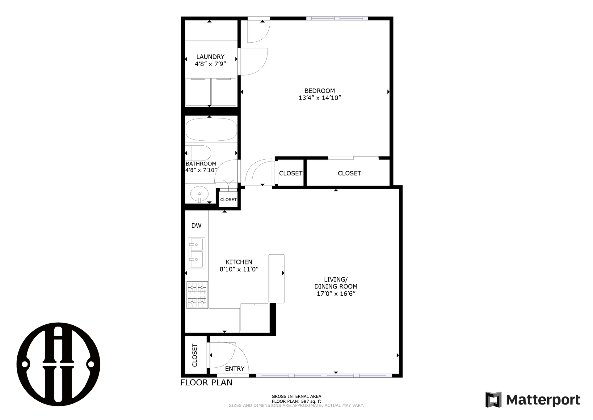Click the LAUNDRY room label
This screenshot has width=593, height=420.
(x=210, y=57)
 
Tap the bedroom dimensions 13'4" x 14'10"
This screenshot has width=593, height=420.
(x=320, y=98)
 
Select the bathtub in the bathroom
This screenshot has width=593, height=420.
(x=211, y=129)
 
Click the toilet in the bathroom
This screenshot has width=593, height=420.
(x=199, y=153)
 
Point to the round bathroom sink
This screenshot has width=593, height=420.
(x=199, y=194)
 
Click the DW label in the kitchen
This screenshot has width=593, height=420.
(x=196, y=226)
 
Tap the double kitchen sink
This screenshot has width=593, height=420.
(x=196, y=253)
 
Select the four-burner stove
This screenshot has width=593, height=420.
(x=197, y=295)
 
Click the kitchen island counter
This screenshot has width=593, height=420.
(x=276, y=279)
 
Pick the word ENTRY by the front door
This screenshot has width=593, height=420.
(x=235, y=369)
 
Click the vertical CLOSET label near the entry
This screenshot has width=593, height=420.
(x=195, y=355)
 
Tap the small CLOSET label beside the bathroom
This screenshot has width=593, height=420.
(x=228, y=200)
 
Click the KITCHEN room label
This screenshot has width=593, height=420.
(x=239, y=262)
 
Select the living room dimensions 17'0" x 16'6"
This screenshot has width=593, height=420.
(x=336, y=294)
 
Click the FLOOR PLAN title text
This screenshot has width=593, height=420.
(x=206, y=383)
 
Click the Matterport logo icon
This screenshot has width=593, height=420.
(x=493, y=400)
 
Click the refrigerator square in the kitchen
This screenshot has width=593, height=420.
(x=254, y=318)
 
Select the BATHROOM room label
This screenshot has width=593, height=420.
(x=201, y=164)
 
